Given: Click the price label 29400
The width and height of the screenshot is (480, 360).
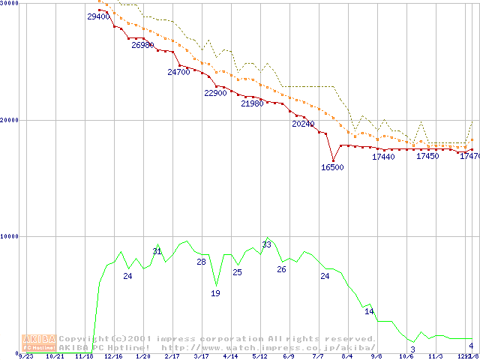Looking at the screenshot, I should tap(98, 16).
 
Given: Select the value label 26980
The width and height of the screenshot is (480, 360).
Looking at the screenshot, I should tap(142, 45).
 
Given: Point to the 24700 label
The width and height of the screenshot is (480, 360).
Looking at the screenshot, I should tap(178, 73).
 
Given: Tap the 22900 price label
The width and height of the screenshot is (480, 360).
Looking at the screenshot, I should tap(215, 93).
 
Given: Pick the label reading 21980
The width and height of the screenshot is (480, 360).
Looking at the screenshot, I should tap(252, 104).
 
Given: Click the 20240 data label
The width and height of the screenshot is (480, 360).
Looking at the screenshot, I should tap(303, 124).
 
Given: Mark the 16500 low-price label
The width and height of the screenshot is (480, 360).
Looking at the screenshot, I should tap(332, 167).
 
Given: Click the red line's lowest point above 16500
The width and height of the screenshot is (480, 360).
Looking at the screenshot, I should tap(333, 160).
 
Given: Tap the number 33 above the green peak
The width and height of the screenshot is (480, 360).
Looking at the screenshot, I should tap(267, 244).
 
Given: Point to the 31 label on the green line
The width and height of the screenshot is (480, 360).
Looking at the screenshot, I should tap(157, 250).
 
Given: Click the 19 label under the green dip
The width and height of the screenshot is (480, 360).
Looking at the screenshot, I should tap(215, 293).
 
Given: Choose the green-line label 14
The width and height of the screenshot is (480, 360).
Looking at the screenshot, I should tap(369, 311).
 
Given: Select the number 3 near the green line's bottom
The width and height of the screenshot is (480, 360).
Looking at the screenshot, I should tap(413, 349).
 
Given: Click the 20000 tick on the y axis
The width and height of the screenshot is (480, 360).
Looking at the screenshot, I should tap(10, 120).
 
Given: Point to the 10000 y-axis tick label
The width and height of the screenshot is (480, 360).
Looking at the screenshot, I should tap(10, 236).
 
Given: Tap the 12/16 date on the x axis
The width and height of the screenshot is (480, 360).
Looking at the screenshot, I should tap(112, 356).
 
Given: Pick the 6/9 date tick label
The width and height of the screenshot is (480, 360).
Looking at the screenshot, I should tap(289, 356).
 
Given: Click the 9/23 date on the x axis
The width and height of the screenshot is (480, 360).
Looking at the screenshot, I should tap(25, 356).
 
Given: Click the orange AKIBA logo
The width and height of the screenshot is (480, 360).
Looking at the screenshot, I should tap(39, 343).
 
